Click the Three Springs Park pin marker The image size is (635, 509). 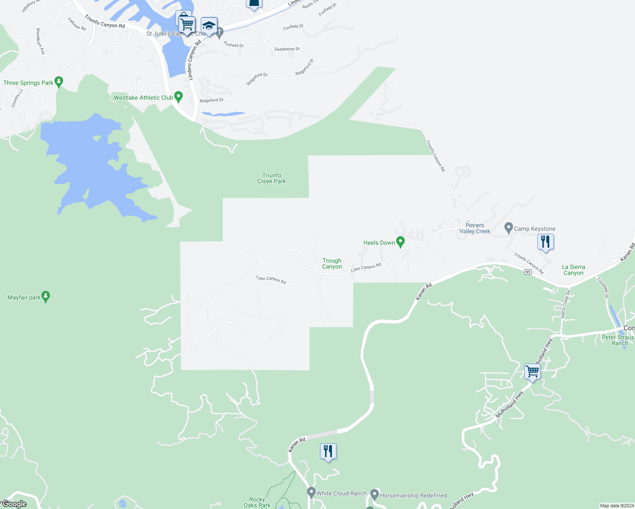59,81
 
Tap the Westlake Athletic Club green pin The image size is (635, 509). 178,97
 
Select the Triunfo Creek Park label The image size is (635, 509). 272,178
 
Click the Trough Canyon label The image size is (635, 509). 332,263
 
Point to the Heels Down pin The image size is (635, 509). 400,242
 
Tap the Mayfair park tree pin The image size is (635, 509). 46,296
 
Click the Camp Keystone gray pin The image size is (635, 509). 509,228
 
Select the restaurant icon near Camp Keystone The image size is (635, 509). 545,242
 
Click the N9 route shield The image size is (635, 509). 528,272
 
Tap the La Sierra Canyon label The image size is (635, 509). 573,270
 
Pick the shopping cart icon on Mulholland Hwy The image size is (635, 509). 532,372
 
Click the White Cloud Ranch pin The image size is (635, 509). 311,492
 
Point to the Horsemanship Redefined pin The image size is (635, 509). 374,494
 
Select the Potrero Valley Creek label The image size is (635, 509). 475,228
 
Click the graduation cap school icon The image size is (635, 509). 209,25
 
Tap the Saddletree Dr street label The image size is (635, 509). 287,49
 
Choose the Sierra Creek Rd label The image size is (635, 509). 565,304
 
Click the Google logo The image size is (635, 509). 14,504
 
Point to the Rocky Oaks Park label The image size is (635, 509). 257,502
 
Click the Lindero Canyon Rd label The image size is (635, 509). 194,60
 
